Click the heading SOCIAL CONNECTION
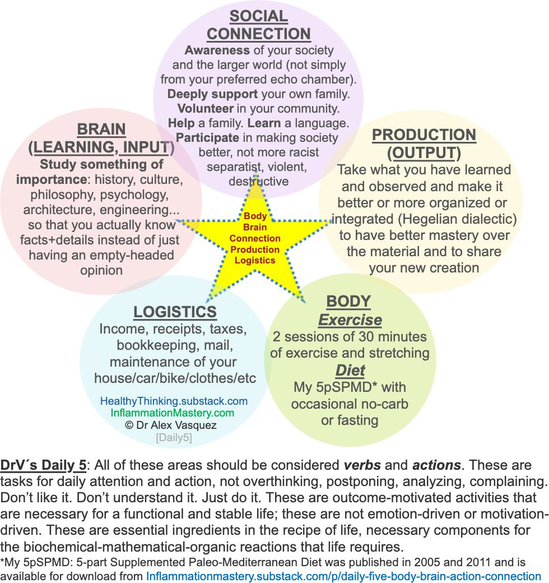point(258,25)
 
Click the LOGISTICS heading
point(175,312)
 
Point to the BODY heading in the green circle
point(348,301)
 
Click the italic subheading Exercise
point(350,320)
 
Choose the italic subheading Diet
point(350,370)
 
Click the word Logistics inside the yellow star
point(255,260)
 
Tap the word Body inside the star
point(255,216)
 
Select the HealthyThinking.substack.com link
point(174,401)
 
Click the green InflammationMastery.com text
point(173,413)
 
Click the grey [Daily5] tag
point(174,438)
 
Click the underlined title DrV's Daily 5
point(44,466)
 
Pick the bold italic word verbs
point(362,466)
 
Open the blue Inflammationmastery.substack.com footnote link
point(343,576)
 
